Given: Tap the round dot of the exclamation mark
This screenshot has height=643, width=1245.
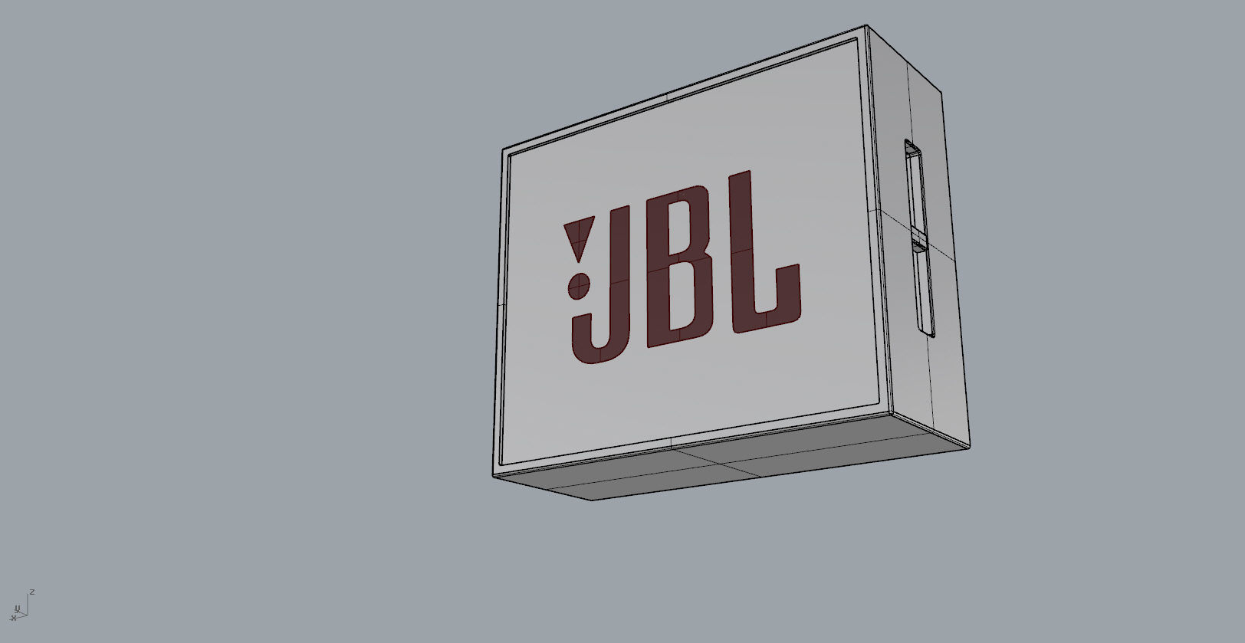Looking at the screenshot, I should pyautogui.click(x=579, y=287).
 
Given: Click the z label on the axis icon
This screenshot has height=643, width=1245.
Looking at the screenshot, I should pyautogui.click(x=32, y=592).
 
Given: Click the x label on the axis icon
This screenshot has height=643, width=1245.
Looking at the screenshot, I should pyautogui.click(x=13, y=618).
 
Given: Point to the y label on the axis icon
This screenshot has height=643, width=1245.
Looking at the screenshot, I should pyautogui.click(x=18, y=609).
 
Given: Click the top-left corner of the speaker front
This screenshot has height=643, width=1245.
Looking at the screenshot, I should pyautogui.click(x=504, y=150).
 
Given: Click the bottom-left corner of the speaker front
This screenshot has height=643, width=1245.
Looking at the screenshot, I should pyautogui.click(x=493, y=476).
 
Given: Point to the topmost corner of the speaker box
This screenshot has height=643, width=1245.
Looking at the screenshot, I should pyautogui.click(x=866, y=25).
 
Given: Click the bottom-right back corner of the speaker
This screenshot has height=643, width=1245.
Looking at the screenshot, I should pyautogui.click(x=969, y=448).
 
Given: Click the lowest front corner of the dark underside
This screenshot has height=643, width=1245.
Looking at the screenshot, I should pyautogui.click(x=592, y=500).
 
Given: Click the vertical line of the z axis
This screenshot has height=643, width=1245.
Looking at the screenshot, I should pyautogui.click(x=28, y=605).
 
